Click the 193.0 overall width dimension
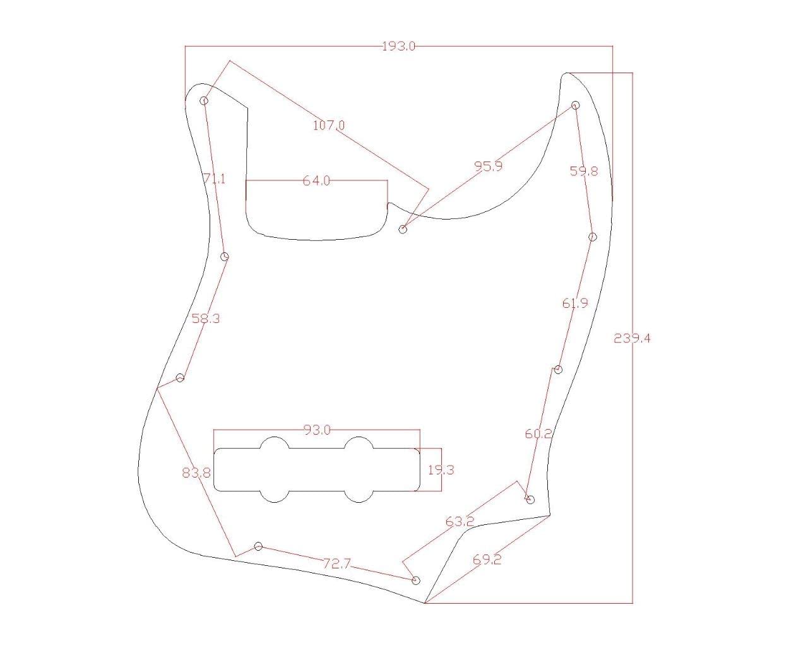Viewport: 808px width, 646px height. point(398,46)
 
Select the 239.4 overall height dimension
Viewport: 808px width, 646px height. point(632,338)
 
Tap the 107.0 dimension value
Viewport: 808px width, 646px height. point(329,125)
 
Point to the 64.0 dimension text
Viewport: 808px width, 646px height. point(316,180)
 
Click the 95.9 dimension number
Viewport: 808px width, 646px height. point(489,166)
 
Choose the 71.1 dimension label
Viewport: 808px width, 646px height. point(214,179)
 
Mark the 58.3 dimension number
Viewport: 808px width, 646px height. point(206,319)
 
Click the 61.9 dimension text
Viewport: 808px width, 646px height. point(575,303)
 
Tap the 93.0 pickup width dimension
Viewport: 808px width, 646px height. point(317,430)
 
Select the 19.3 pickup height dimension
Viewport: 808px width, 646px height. point(441,469)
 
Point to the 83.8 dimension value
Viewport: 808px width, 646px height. point(196,472)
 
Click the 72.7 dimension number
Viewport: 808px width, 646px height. point(336,563)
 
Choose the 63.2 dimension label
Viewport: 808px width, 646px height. point(460,522)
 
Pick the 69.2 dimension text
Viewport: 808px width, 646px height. point(487,559)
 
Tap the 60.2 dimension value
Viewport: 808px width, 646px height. point(538,433)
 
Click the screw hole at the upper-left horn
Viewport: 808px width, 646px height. point(205,100)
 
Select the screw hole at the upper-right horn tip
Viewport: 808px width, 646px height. point(576,105)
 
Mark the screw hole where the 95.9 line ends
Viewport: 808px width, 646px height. point(404,229)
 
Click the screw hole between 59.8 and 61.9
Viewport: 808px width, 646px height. point(593,237)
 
